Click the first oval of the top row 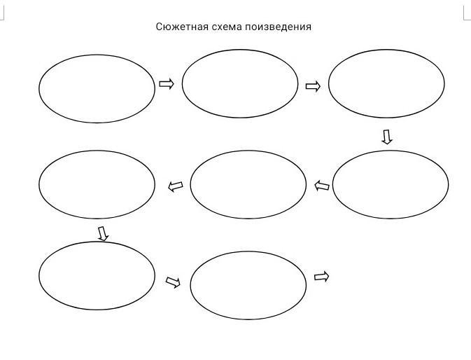97,88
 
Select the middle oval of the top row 240,83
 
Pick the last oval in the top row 386,83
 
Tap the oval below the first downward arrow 391,184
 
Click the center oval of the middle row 248,185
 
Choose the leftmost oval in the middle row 97,184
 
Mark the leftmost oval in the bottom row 97,275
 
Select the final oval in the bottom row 248,284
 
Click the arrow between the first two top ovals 167,84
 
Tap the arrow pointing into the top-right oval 313,86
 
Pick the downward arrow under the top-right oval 386,137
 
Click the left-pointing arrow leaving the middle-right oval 322,186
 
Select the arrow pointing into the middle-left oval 176,186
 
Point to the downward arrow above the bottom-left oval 103,233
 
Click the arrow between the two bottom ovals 173,282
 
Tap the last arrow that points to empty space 321,277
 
